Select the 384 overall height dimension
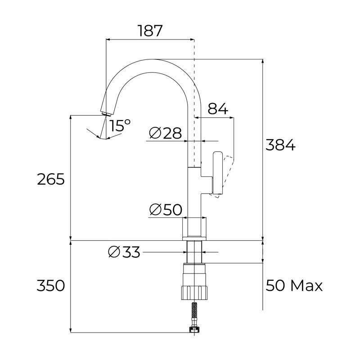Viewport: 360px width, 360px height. click(x=280, y=145)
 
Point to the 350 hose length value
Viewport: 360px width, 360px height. click(x=50, y=285)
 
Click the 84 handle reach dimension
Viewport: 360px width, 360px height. click(x=218, y=108)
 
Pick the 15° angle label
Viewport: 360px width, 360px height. click(x=120, y=126)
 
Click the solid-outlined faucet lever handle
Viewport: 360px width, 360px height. click(x=217, y=173)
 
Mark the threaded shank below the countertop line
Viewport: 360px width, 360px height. click(x=195, y=252)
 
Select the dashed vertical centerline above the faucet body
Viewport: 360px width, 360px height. click(x=194, y=90)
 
